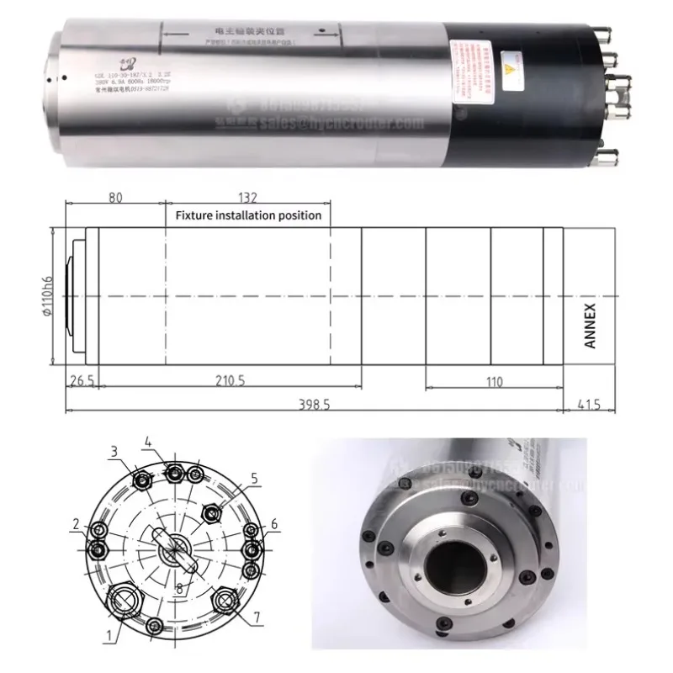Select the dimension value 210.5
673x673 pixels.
pos(229,381)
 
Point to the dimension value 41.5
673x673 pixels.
pos(589,404)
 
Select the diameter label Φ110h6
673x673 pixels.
pos(48,297)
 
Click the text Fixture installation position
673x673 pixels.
pos(248,215)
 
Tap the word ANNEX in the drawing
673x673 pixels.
pos(589,326)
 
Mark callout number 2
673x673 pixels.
pos(76,524)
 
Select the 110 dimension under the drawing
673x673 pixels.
pos(494,381)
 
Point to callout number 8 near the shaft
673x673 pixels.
pos(178,589)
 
